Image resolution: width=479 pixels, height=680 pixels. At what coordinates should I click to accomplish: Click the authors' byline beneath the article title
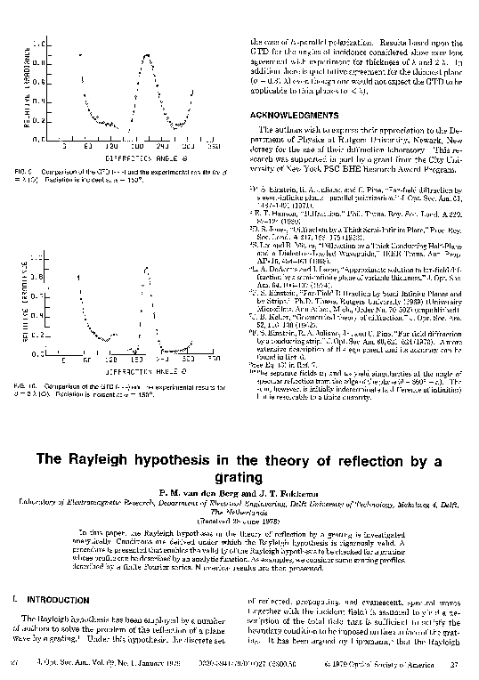point(239,492)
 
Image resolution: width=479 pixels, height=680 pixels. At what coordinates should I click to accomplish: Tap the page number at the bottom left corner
point(12,663)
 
